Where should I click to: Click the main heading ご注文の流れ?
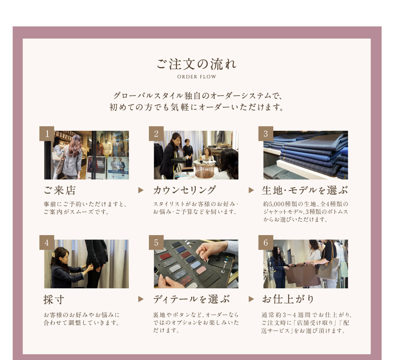click(197, 64)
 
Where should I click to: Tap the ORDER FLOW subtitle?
click(197, 77)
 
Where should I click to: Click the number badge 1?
click(47, 134)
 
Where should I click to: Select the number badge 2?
click(156, 134)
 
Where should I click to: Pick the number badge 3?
click(266, 134)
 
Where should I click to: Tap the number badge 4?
click(47, 242)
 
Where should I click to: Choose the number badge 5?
click(156, 242)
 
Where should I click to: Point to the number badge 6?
click(266, 242)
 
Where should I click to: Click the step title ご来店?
click(60, 190)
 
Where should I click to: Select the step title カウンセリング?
click(185, 190)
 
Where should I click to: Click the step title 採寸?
click(54, 299)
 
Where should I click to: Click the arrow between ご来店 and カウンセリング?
click(141, 190)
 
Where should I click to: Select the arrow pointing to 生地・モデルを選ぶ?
click(251, 190)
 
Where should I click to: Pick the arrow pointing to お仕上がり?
click(251, 299)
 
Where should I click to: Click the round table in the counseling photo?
click(204, 169)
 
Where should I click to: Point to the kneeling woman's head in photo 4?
click(60, 255)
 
